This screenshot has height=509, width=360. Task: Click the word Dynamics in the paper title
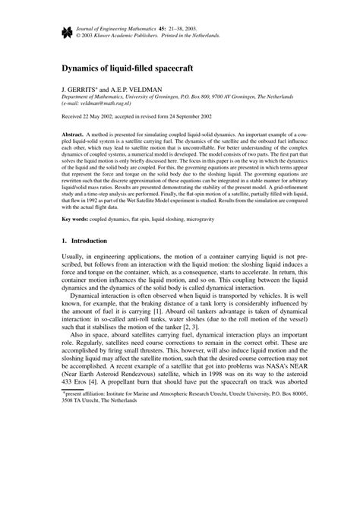(84, 68)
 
